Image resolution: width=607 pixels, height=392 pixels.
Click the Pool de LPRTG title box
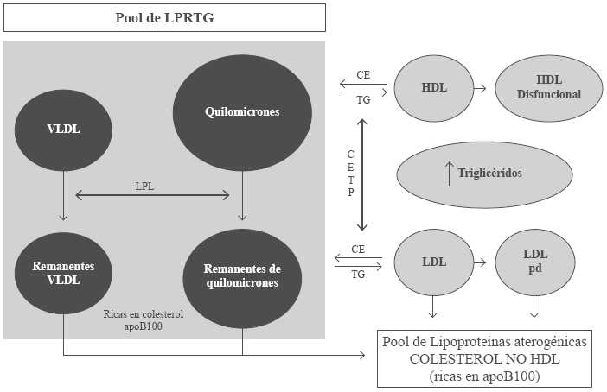[163, 17]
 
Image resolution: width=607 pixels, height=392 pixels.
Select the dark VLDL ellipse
[64, 130]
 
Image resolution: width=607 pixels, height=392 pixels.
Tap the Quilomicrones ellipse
[241, 112]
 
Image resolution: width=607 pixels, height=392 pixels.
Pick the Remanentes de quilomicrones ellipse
[243, 275]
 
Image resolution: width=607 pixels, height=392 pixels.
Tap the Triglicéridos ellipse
[484, 173]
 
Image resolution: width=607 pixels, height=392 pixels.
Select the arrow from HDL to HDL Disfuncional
[482, 89]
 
